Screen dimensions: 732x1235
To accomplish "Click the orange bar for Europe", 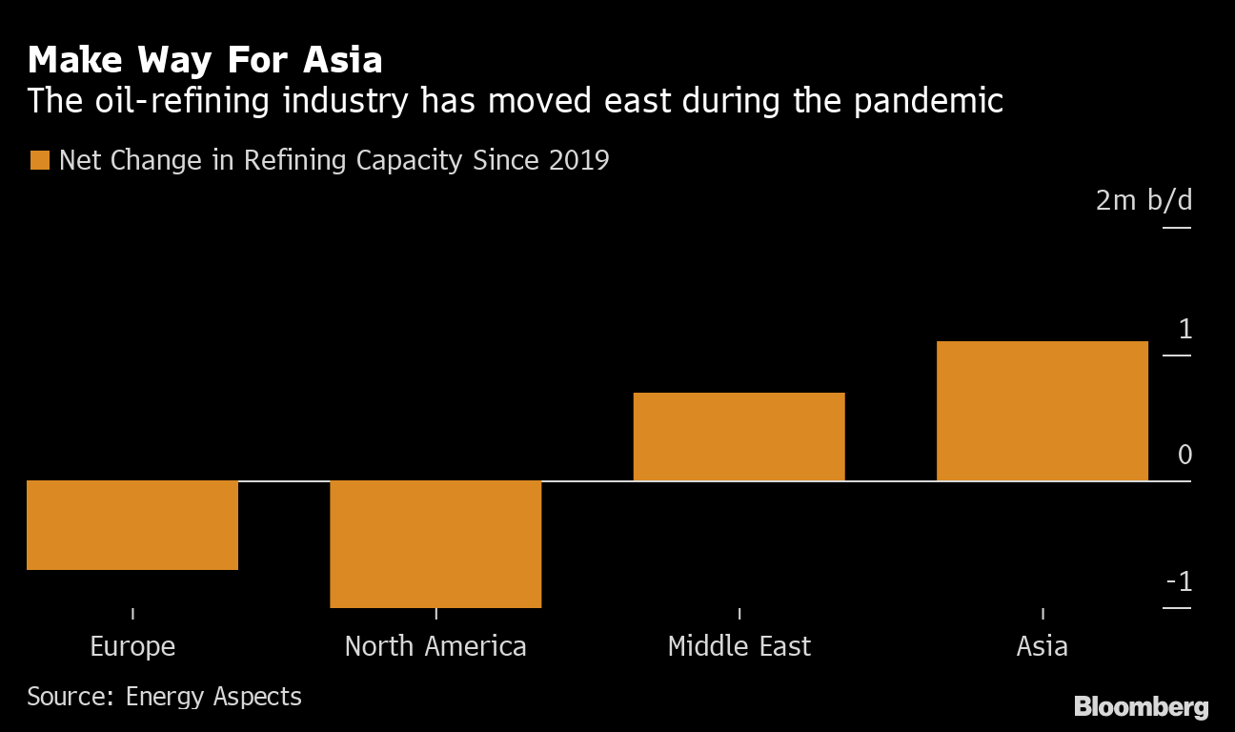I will [x=132, y=525].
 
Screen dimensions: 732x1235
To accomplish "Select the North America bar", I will [x=435, y=543].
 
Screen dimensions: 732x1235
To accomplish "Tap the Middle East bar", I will [x=739, y=437].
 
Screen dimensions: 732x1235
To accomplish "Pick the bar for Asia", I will [x=1043, y=411].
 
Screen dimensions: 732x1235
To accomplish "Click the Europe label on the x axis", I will [x=132, y=646].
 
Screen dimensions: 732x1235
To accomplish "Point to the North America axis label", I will [x=435, y=646].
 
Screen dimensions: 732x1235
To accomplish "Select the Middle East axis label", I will [x=739, y=646].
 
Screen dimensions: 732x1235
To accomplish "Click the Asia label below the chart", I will [x=1042, y=646].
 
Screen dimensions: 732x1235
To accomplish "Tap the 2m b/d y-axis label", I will [x=1144, y=201].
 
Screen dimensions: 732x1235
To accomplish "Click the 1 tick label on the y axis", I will [x=1184, y=330].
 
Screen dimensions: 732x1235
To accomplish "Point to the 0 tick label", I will [x=1184, y=456].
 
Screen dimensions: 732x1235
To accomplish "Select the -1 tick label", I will [x=1179, y=582].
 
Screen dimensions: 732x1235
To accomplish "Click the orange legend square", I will [x=39, y=160].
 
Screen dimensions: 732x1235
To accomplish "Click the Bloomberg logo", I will [x=1141, y=707].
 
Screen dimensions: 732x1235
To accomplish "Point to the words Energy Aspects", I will [x=213, y=697].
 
